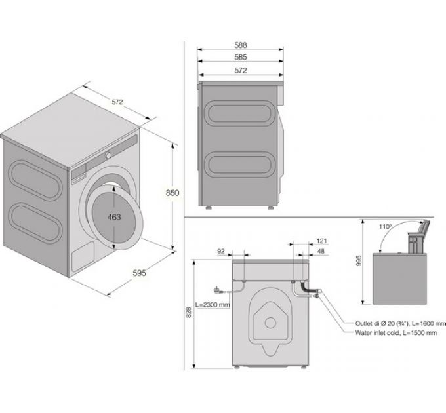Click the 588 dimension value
(x=241, y=45)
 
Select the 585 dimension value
(x=241, y=57)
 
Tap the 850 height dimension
(x=172, y=193)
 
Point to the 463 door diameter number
(x=114, y=218)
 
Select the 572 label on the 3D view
(x=117, y=102)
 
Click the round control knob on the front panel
(x=109, y=155)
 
